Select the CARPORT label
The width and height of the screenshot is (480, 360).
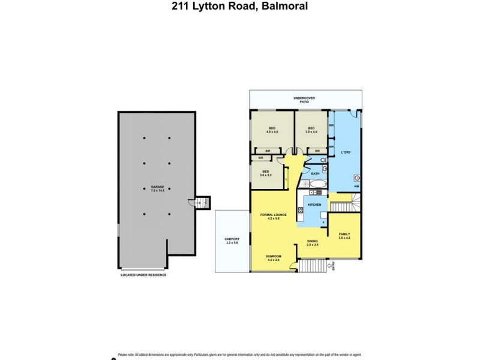point(232,241)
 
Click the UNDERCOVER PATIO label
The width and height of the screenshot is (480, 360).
point(304,100)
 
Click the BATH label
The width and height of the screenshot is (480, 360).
point(315,173)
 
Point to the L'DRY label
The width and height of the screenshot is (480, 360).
point(346,152)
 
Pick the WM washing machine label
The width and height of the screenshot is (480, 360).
point(356,187)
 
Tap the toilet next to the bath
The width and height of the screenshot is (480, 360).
point(323,161)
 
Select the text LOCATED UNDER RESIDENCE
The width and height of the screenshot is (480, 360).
point(143,275)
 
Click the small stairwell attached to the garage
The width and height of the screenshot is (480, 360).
point(203,203)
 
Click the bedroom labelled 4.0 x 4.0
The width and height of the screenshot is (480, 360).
point(272,130)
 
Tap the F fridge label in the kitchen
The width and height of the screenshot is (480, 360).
point(323,223)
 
